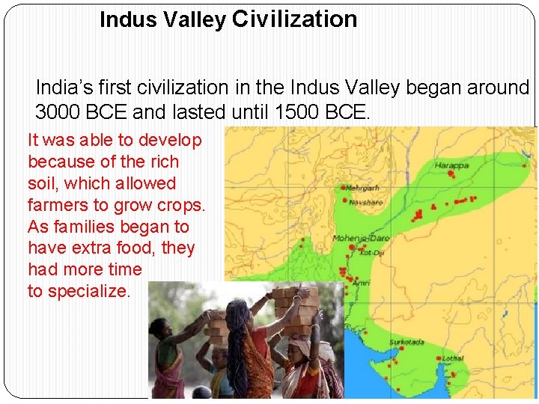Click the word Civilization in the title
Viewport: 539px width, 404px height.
tap(294, 19)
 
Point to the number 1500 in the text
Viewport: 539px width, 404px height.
tap(299, 113)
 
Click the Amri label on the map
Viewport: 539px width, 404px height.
tap(362, 283)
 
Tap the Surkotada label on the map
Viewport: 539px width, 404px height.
tap(406, 343)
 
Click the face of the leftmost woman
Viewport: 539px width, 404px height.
tap(162, 328)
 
